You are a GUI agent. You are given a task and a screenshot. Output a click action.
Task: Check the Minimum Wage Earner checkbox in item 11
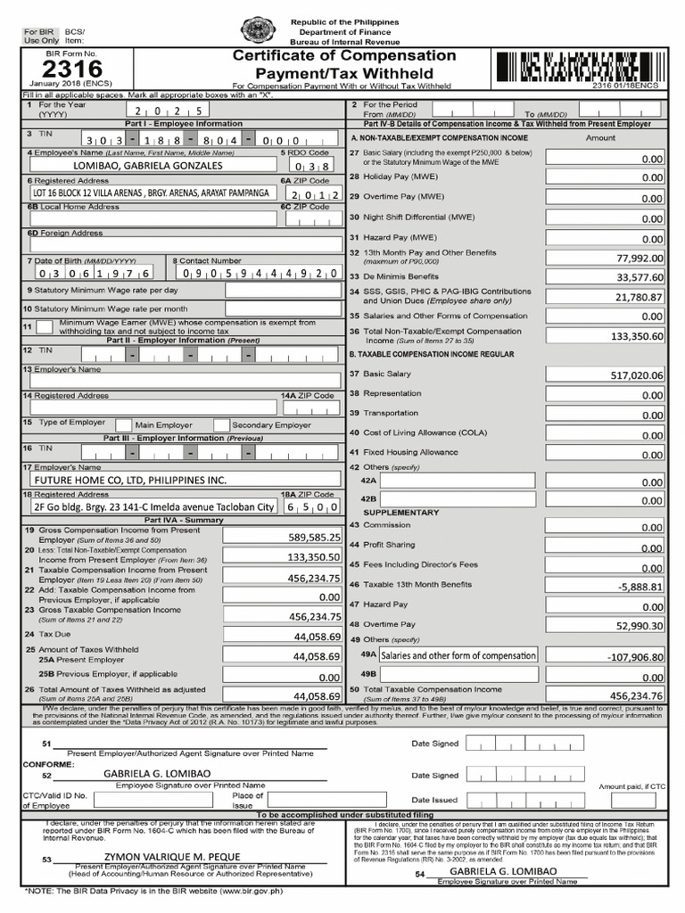44,327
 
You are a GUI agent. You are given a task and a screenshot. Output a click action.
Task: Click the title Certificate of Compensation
344,56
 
